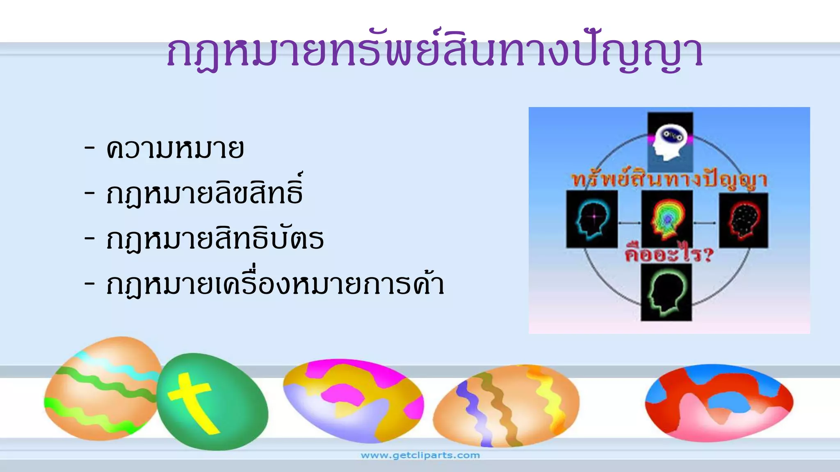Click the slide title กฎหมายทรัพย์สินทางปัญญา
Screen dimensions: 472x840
coord(435,53)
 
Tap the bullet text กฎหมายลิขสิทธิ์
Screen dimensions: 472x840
coord(204,193)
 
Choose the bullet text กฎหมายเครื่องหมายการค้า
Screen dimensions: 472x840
coord(275,284)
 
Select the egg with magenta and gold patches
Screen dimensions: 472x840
coord(353,402)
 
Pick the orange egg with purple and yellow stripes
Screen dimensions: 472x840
coord(507,406)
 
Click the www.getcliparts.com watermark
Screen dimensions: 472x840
coord(420,455)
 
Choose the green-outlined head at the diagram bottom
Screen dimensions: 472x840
coord(666,292)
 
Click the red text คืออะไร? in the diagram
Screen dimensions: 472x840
coord(669,254)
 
